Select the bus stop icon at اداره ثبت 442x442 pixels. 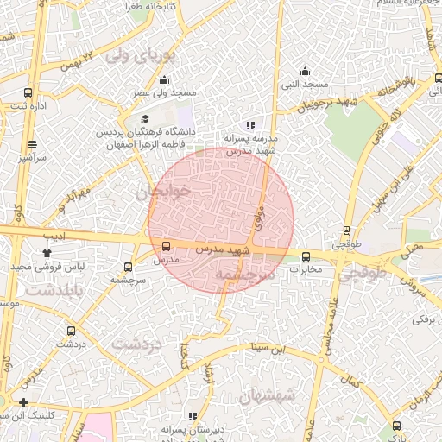click(28, 92)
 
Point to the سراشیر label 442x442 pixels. click(33, 158)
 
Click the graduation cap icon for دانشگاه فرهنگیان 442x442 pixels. click(145, 119)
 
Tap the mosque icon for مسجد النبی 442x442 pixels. click(305, 72)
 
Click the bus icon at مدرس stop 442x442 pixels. click(167, 246)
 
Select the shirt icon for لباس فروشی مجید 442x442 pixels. click(47, 253)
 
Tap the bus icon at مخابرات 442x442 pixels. click(306, 256)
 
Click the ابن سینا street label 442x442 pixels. click(267, 349)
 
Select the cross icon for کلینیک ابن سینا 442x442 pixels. click(23, 402)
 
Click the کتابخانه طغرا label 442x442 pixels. click(152, 7)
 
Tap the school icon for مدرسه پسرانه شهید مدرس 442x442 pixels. click(250, 125)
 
